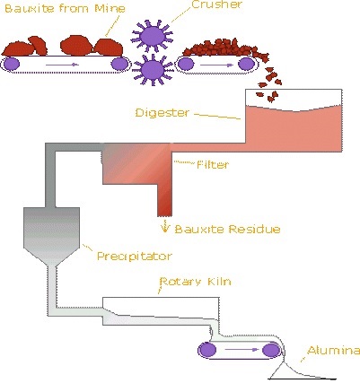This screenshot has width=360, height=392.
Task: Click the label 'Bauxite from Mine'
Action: [65, 8]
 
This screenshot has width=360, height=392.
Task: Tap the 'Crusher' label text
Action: [216, 4]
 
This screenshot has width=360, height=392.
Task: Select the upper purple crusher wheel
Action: [153, 36]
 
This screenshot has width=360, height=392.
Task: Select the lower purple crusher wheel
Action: [153, 70]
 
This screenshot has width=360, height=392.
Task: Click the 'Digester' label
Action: [162, 113]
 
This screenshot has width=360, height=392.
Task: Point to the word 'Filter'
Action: [213, 164]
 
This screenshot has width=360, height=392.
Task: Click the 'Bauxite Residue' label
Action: [227, 229]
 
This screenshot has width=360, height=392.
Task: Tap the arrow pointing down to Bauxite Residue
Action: [164, 226]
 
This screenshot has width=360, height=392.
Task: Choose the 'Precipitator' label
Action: [135, 256]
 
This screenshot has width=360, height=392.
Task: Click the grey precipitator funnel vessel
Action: [51, 233]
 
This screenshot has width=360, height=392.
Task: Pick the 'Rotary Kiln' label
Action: [195, 282]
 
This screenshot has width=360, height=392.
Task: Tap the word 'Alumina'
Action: [333, 350]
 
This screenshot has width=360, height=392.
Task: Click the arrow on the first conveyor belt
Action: [62, 65]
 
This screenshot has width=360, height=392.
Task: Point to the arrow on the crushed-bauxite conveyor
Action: [216, 65]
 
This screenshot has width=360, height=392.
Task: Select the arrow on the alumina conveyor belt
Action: [241, 349]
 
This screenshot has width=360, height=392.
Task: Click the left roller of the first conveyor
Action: [11, 64]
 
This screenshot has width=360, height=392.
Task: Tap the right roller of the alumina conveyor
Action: [271, 350]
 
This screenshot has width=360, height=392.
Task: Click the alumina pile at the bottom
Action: [302, 371]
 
